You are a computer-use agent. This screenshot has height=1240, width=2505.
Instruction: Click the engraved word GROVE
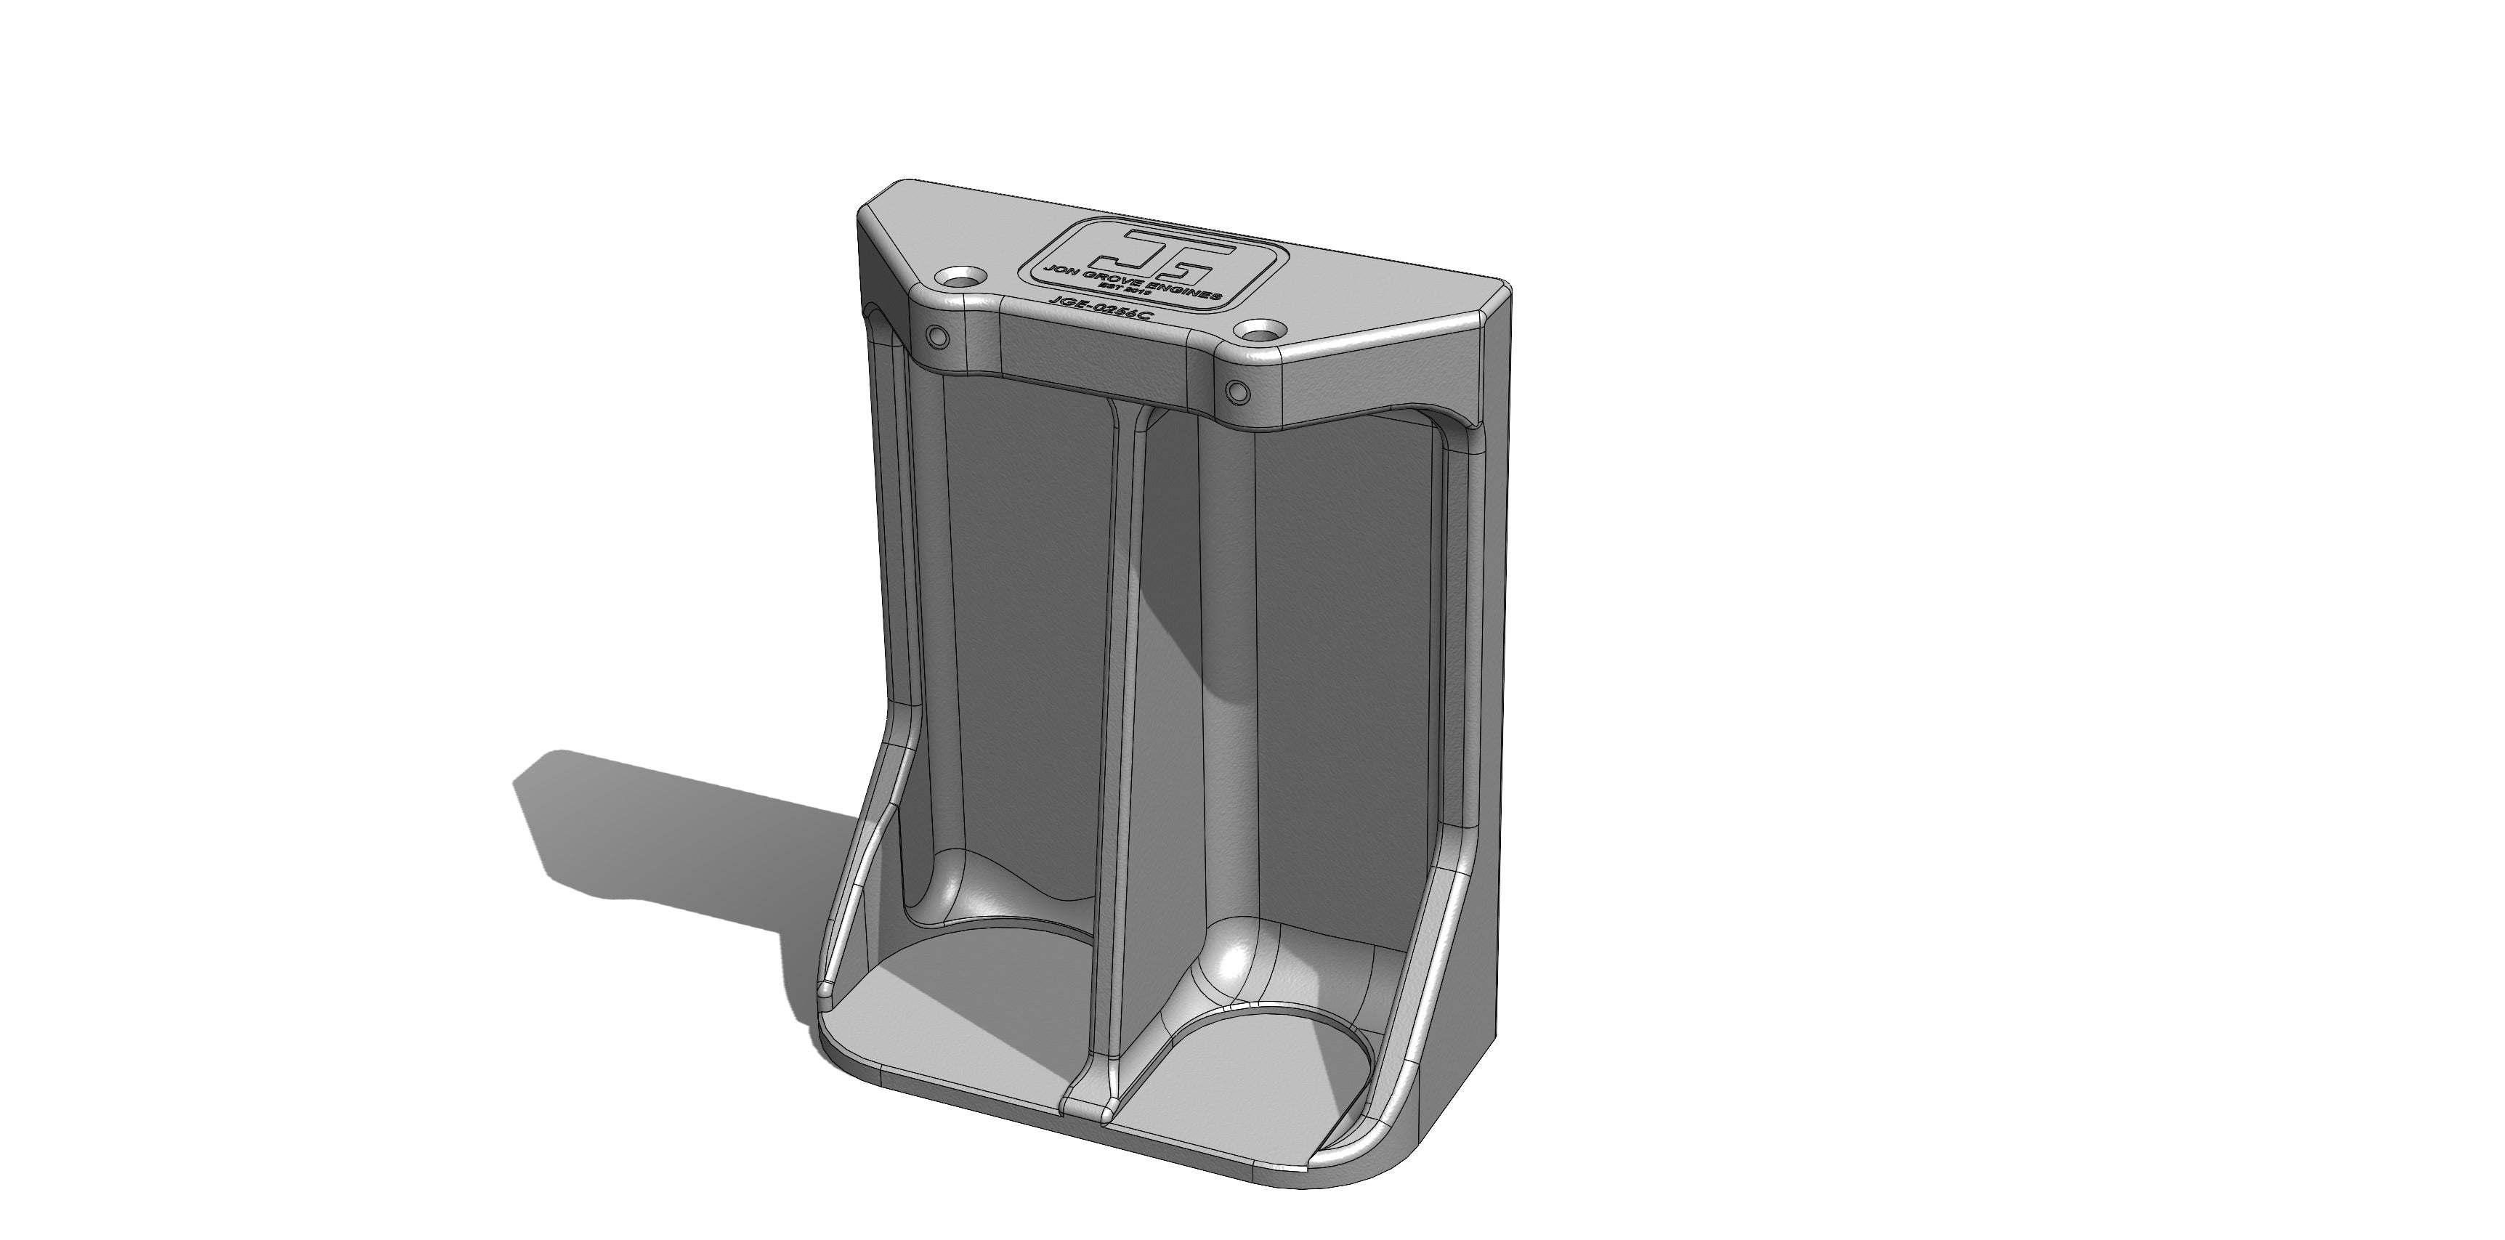coord(1114,280)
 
